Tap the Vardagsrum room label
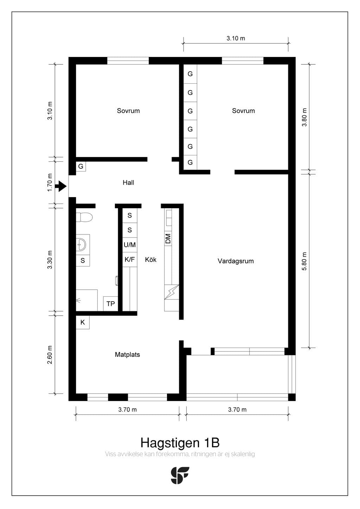pyautogui.click(x=236, y=261)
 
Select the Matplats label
pyautogui.click(x=127, y=354)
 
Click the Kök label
pyautogui.click(x=151, y=259)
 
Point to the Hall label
pyautogui.click(x=128, y=182)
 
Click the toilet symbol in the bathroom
pyautogui.click(x=84, y=217)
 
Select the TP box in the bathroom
pyautogui.click(x=111, y=304)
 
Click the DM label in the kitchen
pyautogui.click(x=168, y=239)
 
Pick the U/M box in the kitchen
pyautogui.click(x=130, y=245)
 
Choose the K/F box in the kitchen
pyautogui.click(x=130, y=259)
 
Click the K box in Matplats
pyautogui.click(x=83, y=322)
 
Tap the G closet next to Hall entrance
pyautogui.click(x=81, y=166)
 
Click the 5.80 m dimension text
pyautogui.click(x=304, y=261)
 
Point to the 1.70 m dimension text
pyautogui.click(x=50, y=182)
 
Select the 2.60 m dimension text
pyautogui.click(x=50, y=355)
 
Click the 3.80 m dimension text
pyautogui.click(x=304, y=117)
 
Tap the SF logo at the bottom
pyautogui.click(x=180, y=475)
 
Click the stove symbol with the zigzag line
pyautogui.click(x=172, y=292)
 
